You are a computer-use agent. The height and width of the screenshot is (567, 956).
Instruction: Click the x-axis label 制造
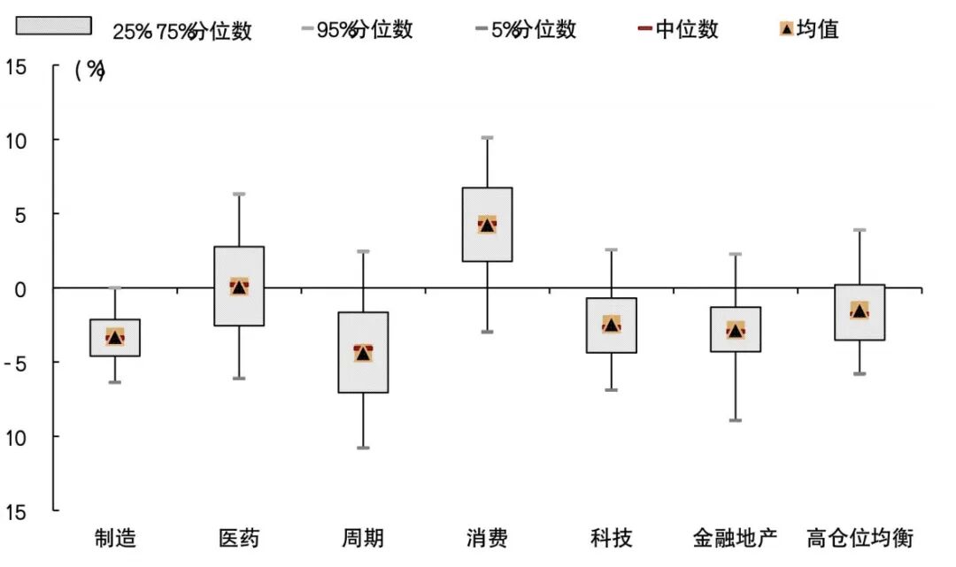[115, 538]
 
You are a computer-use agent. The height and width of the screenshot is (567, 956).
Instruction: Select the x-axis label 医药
[239, 538]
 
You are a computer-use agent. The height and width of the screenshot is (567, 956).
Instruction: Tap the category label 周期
[363, 538]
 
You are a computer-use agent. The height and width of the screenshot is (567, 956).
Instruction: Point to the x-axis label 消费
[487, 538]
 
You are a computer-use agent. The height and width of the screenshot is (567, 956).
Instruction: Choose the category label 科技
[611, 538]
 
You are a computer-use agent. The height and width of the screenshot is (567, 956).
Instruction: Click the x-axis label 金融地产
[735, 538]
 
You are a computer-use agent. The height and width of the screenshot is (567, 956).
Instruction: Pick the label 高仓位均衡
[860, 538]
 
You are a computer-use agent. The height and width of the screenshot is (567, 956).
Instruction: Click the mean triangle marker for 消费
[487, 225]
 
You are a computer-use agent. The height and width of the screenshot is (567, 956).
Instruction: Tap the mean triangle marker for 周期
[363, 354]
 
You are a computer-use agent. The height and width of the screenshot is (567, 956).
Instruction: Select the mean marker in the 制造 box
[115, 337]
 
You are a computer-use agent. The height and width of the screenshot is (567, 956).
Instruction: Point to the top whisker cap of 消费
[487, 138]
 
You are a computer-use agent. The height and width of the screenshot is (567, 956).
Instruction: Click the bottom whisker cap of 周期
[363, 448]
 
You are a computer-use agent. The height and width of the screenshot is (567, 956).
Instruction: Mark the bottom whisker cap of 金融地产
[735, 420]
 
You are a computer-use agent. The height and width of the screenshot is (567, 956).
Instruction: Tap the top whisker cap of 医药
[239, 194]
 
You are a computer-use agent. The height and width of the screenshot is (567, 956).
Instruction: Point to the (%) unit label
[89, 73]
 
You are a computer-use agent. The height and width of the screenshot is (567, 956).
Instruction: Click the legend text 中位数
[687, 29]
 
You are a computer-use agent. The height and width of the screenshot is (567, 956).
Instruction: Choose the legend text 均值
[818, 29]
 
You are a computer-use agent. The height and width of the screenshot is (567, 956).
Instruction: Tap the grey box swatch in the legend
[53, 26]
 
